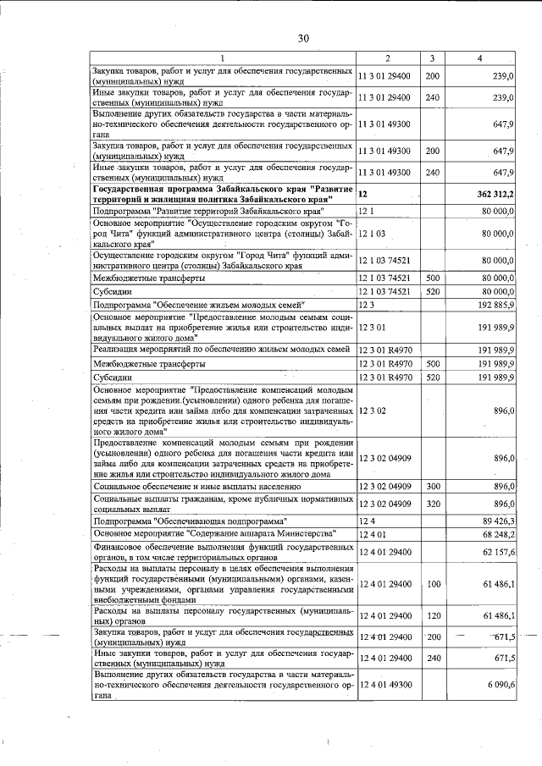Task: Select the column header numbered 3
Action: (432, 58)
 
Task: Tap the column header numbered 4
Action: (480, 58)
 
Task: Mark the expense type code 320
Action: (432, 504)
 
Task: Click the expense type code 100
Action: (433, 584)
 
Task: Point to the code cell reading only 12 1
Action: (366, 210)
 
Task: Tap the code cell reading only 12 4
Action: (366, 521)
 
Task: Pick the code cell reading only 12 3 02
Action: (372, 411)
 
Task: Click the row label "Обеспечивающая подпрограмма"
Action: (190, 521)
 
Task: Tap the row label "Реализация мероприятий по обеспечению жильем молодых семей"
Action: (221, 349)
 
